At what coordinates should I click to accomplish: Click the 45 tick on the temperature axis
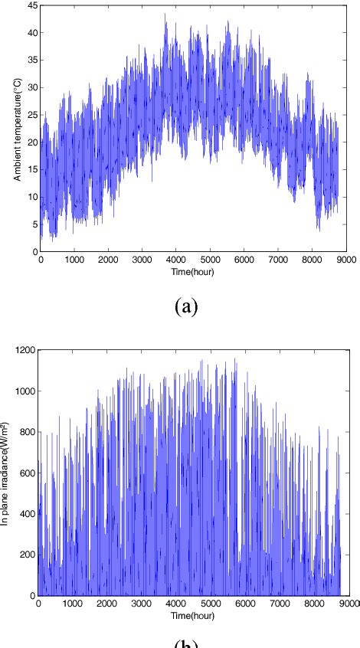pyautogui.click(x=33, y=5)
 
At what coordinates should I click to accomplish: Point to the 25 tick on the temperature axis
pyautogui.click(x=33, y=114)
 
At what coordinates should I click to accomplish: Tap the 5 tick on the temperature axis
pyautogui.click(x=35, y=224)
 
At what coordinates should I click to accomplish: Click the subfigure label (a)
pyautogui.click(x=186, y=307)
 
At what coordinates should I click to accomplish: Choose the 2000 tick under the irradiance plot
pyautogui.click(x=106, y=604)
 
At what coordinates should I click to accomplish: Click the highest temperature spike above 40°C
pyautogui.click(x=165, y=14)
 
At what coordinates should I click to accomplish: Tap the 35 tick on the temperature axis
pyautogui.click(x=33, y=60)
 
